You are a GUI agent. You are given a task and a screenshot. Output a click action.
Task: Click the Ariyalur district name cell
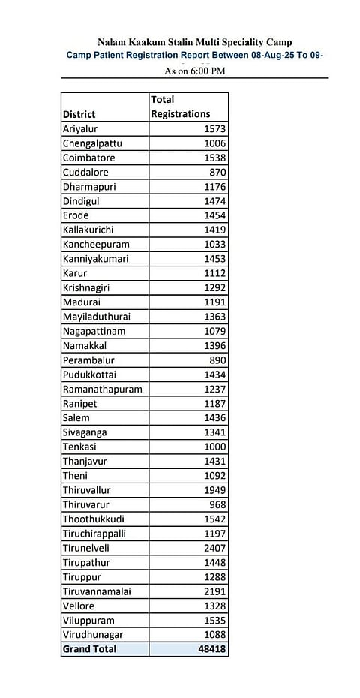82,129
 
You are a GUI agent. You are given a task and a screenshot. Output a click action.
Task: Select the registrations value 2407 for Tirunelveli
214,548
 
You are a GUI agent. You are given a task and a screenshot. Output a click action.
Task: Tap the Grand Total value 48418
211,648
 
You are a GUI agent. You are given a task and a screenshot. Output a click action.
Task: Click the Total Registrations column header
180,107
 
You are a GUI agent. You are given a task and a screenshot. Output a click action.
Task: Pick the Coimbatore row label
89,158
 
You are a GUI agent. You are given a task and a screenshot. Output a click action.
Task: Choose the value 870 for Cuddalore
218,172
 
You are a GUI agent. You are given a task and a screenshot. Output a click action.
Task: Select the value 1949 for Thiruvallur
214,490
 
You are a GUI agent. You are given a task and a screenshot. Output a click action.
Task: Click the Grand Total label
90,648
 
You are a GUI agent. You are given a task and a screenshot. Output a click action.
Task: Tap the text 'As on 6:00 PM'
194,71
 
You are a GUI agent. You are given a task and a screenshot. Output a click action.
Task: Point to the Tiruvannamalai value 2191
214,591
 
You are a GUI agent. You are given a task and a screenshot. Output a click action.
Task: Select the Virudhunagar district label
94,634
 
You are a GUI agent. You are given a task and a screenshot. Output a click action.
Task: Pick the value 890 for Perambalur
218,360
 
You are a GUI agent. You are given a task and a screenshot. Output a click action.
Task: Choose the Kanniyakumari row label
96,259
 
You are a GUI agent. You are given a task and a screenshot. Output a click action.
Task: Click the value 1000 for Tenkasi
214,447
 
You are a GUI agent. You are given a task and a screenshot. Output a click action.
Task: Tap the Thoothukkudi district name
94,519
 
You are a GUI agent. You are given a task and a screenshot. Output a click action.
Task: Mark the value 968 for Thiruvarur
218,504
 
